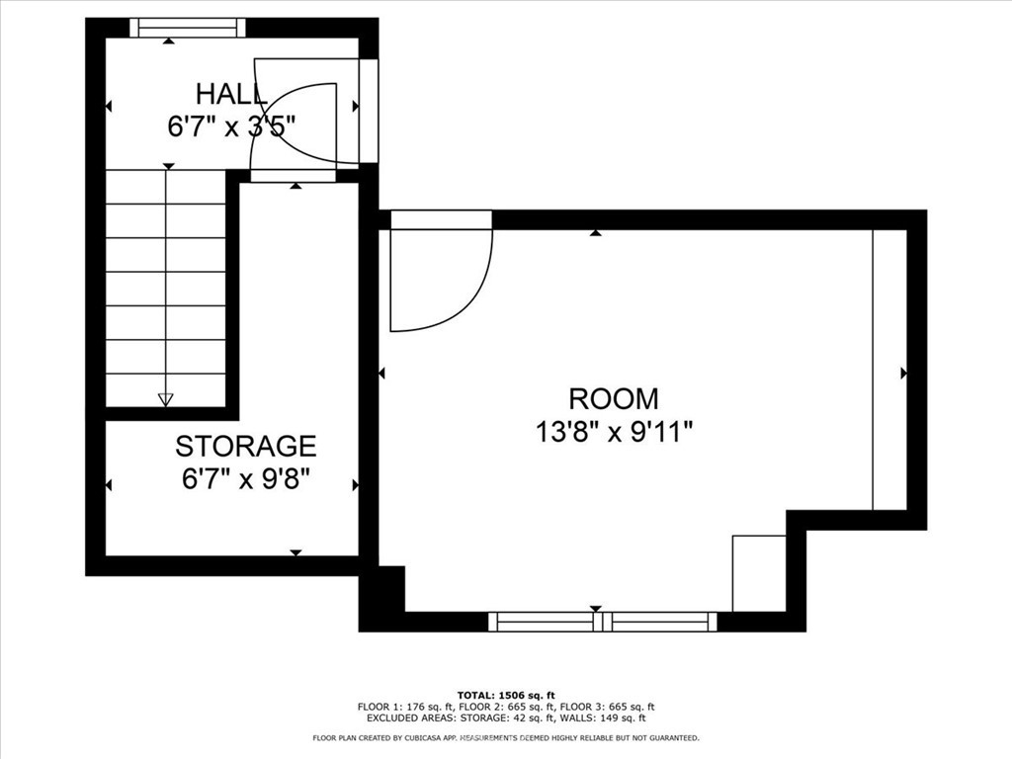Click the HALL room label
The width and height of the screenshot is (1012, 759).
[x=231, y=94]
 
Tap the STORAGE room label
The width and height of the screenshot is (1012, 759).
[x=246, y=446]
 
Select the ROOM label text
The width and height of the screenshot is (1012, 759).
[x=614, y=399]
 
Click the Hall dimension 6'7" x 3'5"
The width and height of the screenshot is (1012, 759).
[x=231, y=126]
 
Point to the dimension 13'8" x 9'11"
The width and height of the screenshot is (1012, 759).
[x=614, y=432]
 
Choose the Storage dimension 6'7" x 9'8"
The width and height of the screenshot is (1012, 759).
[x=246, y=479]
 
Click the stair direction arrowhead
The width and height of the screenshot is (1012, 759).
[x=166, y=399]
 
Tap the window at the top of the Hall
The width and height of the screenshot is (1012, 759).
[x=188, y=28]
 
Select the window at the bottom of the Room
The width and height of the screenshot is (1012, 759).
[x=603, y=622]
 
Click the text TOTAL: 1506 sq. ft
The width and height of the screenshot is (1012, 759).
[x=506, y=695]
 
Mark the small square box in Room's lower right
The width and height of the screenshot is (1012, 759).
[x=759, y=573]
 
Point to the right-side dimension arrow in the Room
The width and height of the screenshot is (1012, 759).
[x=903, y=373]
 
